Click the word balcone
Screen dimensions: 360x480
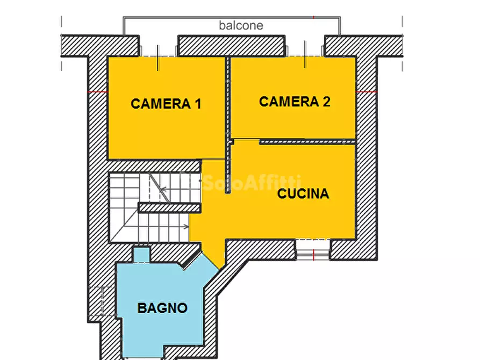tap(241, 25)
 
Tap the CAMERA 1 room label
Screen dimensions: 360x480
tap(166, 104)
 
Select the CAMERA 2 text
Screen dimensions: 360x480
tap(295, 102)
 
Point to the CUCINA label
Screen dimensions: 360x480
tap(303, 194)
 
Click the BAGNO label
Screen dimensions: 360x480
tap(162, 308)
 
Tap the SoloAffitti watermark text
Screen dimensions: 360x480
tap(251, 183)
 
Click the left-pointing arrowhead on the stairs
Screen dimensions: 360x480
tap(163, 189)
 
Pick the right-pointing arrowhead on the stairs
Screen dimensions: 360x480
tap(186, 226)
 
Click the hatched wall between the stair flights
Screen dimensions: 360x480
tap(169, 207)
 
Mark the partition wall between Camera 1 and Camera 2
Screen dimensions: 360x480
tap(227, 97)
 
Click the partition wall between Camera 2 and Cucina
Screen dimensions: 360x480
tap(307, 142)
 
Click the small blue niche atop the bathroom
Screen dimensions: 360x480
tap(141, 254)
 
